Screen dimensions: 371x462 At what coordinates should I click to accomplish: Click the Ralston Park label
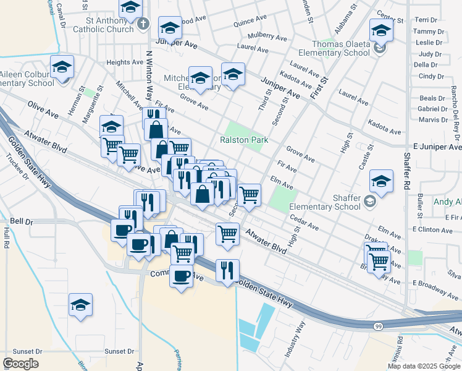tap(244, 140)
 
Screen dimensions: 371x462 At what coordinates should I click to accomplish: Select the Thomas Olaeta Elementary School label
tap(341, 48)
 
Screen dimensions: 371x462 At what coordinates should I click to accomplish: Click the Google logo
tap(20, 364)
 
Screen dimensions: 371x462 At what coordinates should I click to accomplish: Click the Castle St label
tap(366, 158)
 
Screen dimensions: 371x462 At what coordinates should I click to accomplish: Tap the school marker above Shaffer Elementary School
tap(381, 182)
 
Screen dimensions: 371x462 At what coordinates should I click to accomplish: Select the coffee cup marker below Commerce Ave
tap(182, 276)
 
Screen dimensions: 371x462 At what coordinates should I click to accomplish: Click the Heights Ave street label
tap(124, 62)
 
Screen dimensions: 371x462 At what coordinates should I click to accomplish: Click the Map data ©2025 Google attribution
tap(423, 366)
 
